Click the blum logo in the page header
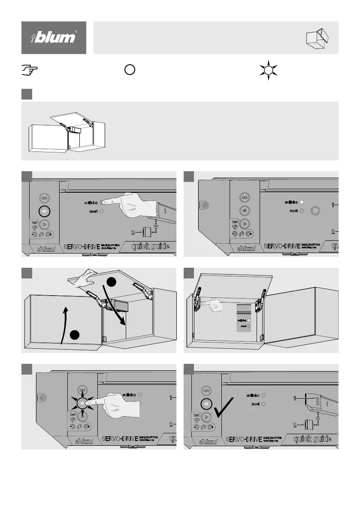(54, 38)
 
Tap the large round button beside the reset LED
(316, 211)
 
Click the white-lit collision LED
(302, 201)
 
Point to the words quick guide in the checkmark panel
(312, 439)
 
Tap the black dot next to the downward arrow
(111, 282)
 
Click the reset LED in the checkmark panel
(264, 404)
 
